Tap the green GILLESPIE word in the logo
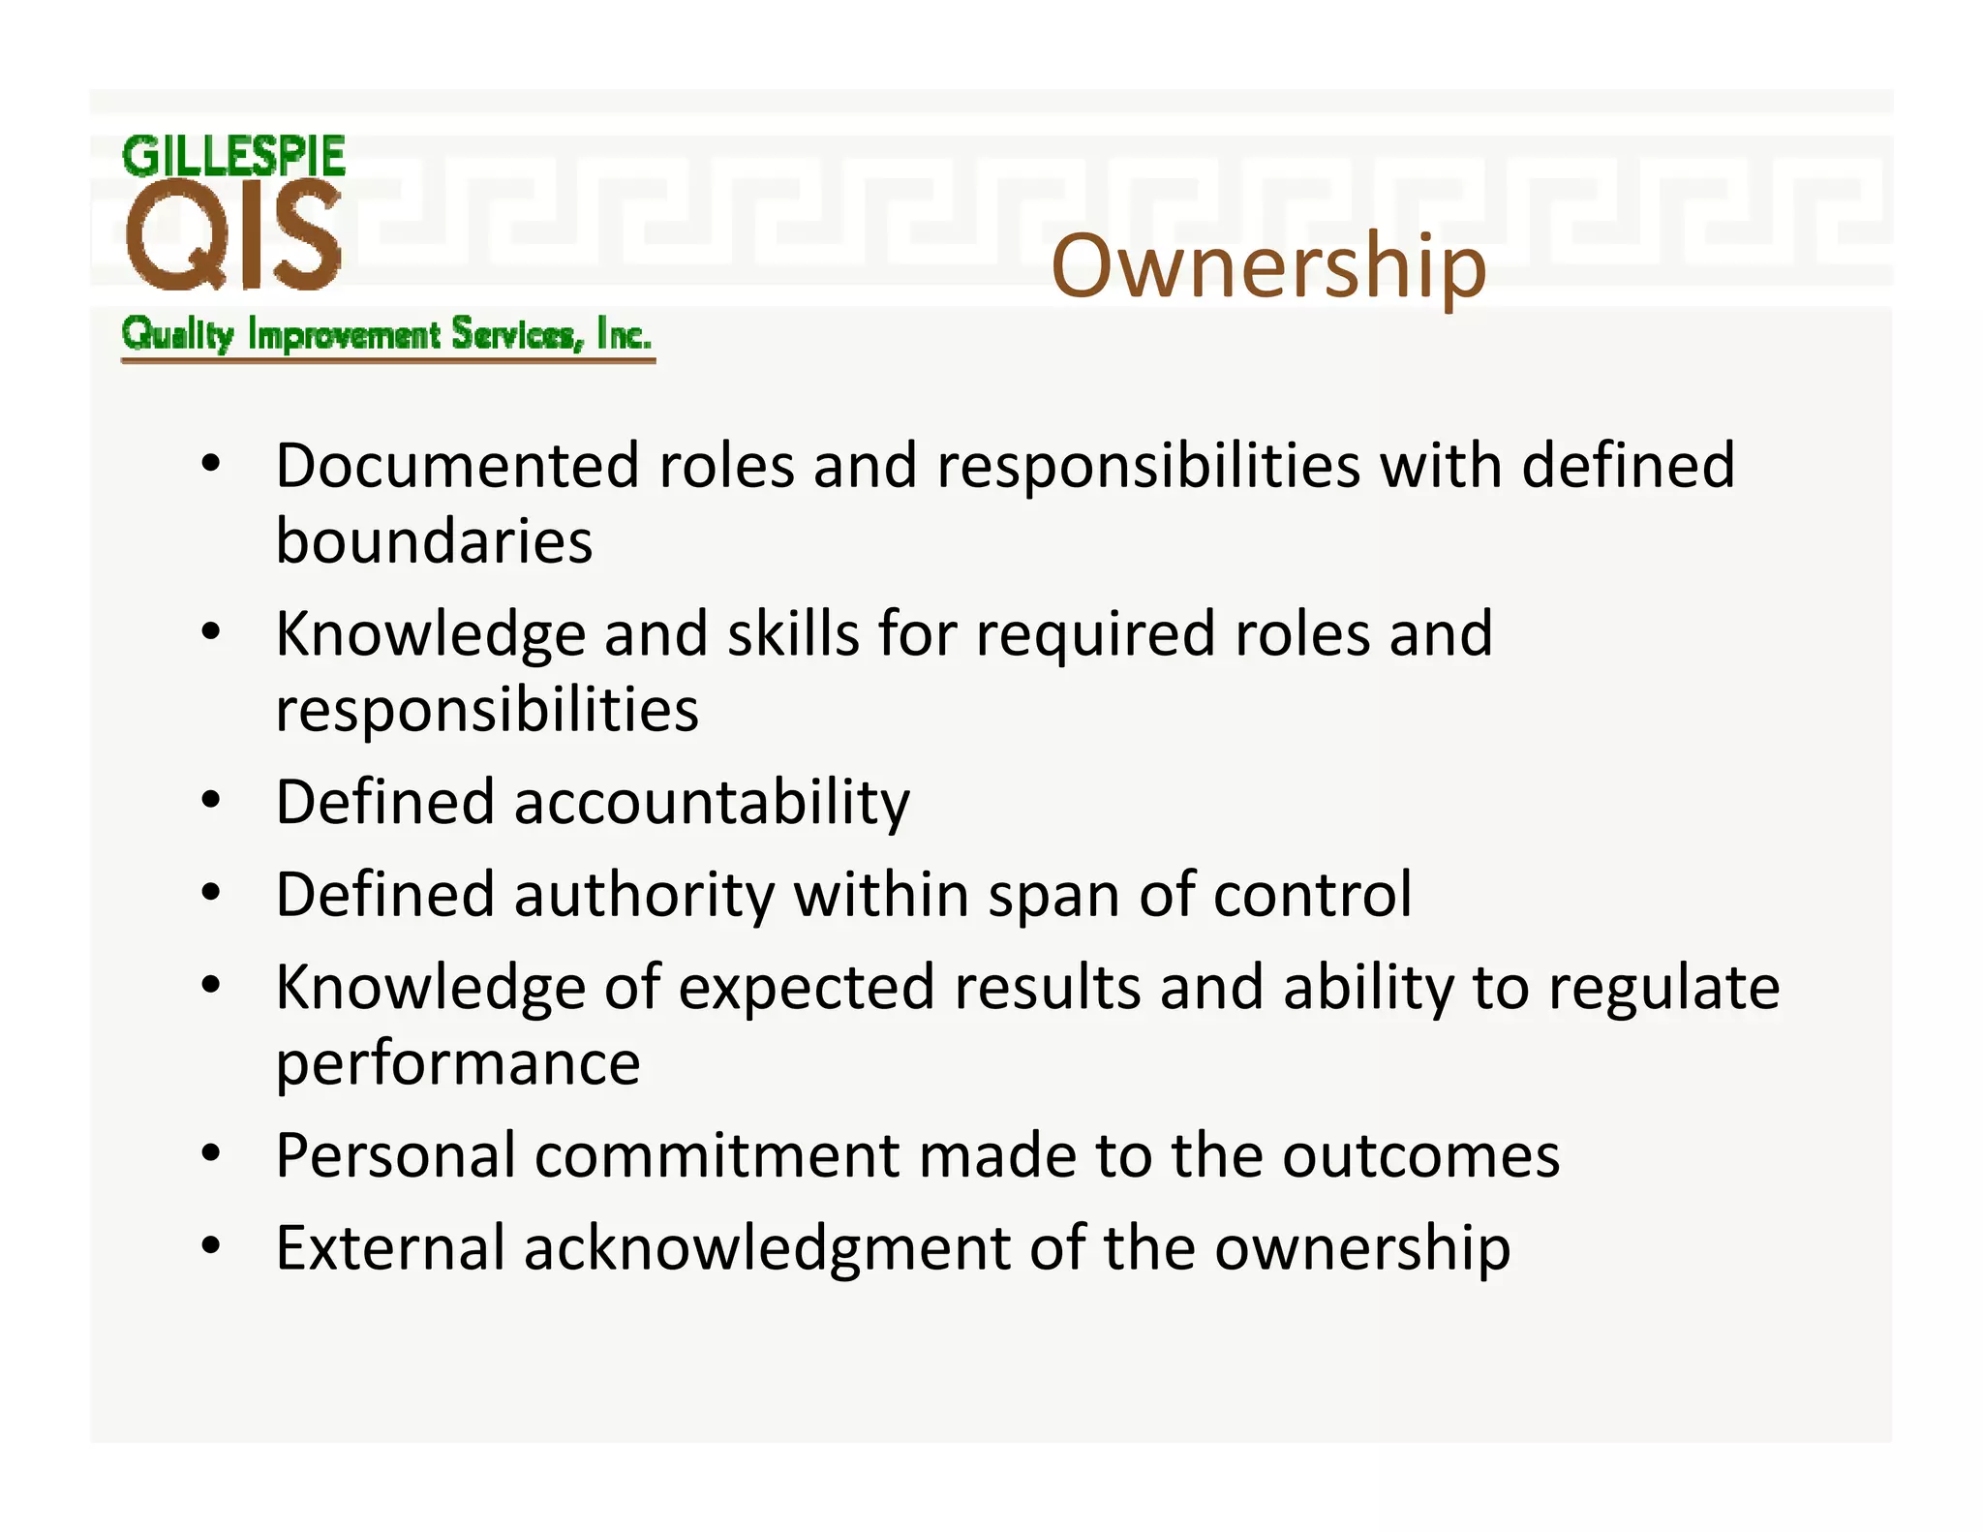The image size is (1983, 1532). coord(233,157)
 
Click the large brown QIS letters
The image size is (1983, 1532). coord(233,237)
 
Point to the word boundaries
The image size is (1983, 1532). coord(434,540)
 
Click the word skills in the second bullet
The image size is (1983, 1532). coord(793,634)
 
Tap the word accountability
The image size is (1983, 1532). coord(712,803)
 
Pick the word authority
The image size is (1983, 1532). coord(644,894)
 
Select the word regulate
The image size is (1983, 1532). coord(1663,988)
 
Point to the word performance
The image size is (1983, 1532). coord(458,1063)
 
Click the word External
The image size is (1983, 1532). coord(390,1247)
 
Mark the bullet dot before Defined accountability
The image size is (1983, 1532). coord(211,802)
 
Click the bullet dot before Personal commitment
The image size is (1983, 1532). coord(211,1154)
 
